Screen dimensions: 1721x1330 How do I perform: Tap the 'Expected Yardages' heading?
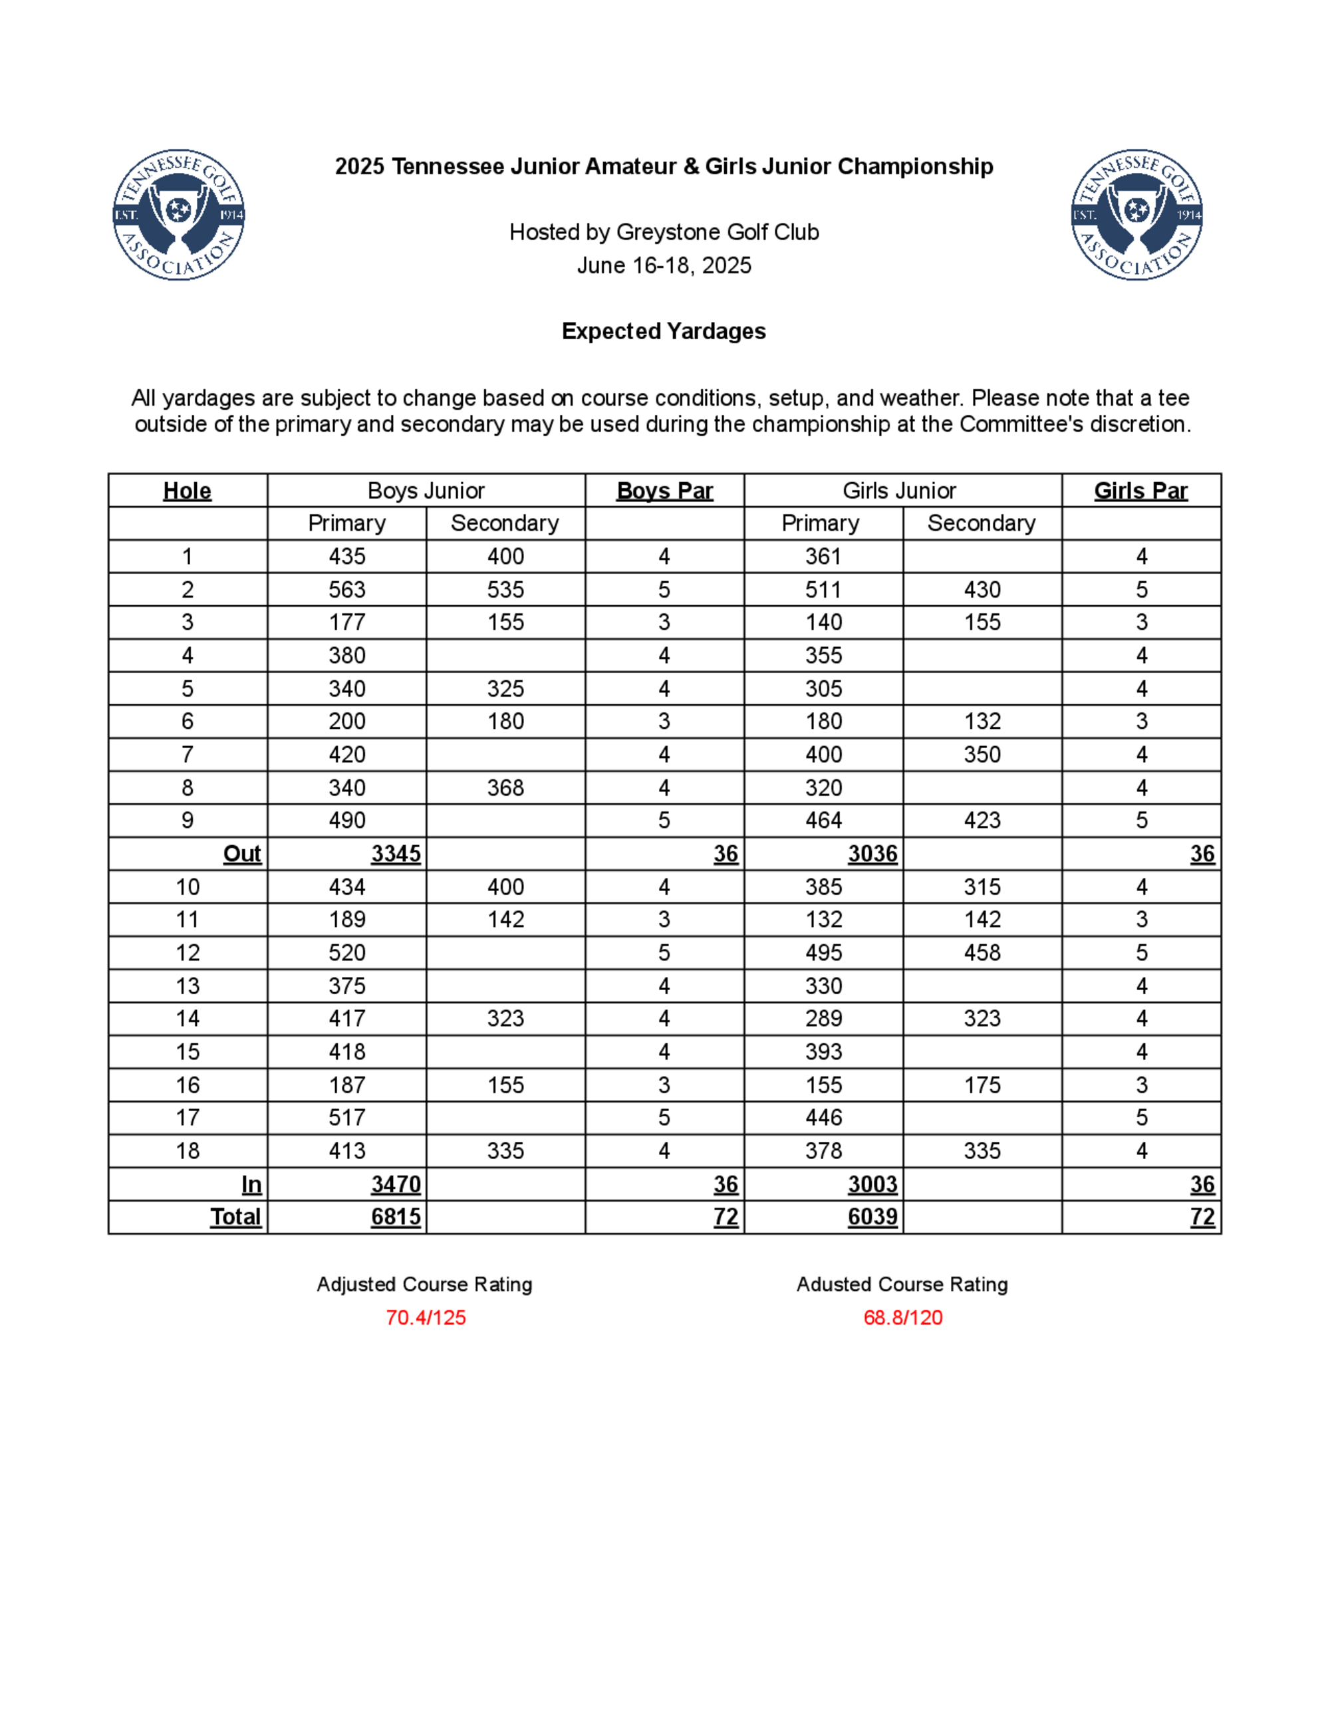pos(664,331)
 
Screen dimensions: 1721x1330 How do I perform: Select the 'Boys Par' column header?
pos(664,491)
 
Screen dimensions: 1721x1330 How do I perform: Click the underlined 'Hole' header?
pos(187,491)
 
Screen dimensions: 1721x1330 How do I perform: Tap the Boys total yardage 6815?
pos(396,1218)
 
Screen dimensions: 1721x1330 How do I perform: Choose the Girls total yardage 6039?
pos(872,1218)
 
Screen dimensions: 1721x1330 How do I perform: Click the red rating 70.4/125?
pos(426,1317)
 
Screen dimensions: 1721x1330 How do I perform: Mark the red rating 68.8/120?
pos(903,1317)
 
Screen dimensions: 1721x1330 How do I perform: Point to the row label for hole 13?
pos(188,986)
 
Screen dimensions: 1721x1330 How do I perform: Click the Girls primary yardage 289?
pos(823,1019)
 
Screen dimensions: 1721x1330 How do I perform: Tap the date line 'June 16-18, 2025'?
pos(664,265)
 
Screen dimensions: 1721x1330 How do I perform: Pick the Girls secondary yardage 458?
pos(982,953)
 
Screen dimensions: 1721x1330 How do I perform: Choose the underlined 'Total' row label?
pos(235,1218)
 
